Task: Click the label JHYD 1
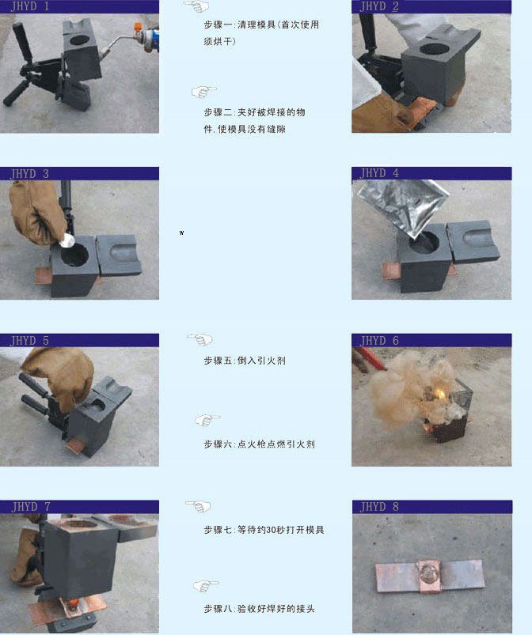(30, 6)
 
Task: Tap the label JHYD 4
(379, 173)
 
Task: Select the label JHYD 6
(379, 341)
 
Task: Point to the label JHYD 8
(379, 507)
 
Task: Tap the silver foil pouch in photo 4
(403, 206)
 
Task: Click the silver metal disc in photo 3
(67, 240)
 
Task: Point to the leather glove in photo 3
(37, 212)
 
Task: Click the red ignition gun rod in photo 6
(370, 359)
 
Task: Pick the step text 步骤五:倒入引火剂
(245, 361)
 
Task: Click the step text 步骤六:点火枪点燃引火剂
(259, 444)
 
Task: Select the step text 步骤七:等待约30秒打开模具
(264, 530)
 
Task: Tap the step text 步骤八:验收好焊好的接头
(259, 609)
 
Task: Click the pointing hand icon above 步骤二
(204, 92)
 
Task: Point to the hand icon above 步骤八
(206, 586)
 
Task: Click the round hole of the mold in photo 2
(435, 49)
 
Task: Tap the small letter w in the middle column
(181, 232)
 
